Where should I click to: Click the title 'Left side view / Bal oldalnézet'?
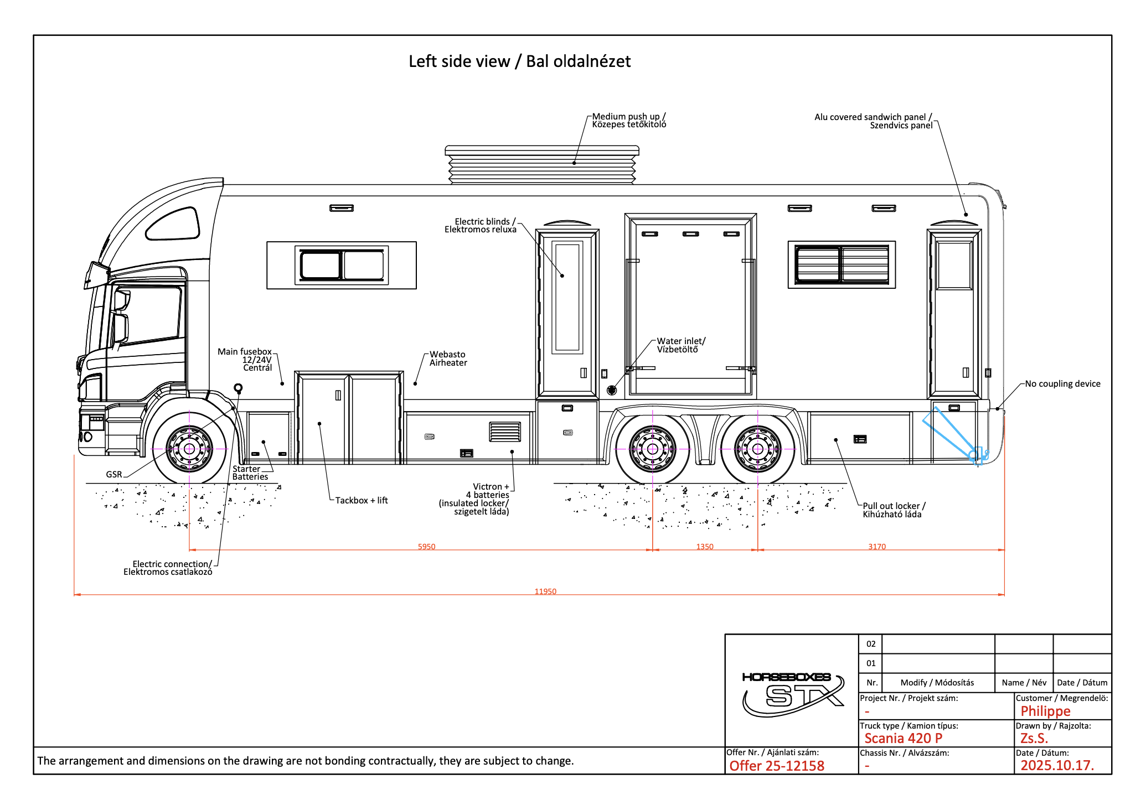(519, 61)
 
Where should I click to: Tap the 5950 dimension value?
(426, 547)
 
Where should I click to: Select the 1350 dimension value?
(705, 547)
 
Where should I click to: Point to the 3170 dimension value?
(877, 547)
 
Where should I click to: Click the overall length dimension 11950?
(545, 591)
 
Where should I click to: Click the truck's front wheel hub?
(189, 449)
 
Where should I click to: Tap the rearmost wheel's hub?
(757, 449)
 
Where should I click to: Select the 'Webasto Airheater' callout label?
(448, 359)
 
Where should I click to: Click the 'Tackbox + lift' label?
(362, 500)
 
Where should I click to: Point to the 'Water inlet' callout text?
(681, 345)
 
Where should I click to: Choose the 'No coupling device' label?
(1062, 383)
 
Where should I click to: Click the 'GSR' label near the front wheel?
(114, 474)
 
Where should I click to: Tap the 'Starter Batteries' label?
(250, 472)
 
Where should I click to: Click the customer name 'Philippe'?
(1045, 711)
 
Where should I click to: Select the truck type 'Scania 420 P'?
(904, 738)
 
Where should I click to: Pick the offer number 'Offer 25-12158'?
(777, 766)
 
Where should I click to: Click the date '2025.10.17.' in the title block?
(1057, 765)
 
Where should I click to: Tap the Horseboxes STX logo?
(793, 694)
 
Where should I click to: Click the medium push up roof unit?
(542, 165)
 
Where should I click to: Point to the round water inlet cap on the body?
(612, 390)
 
